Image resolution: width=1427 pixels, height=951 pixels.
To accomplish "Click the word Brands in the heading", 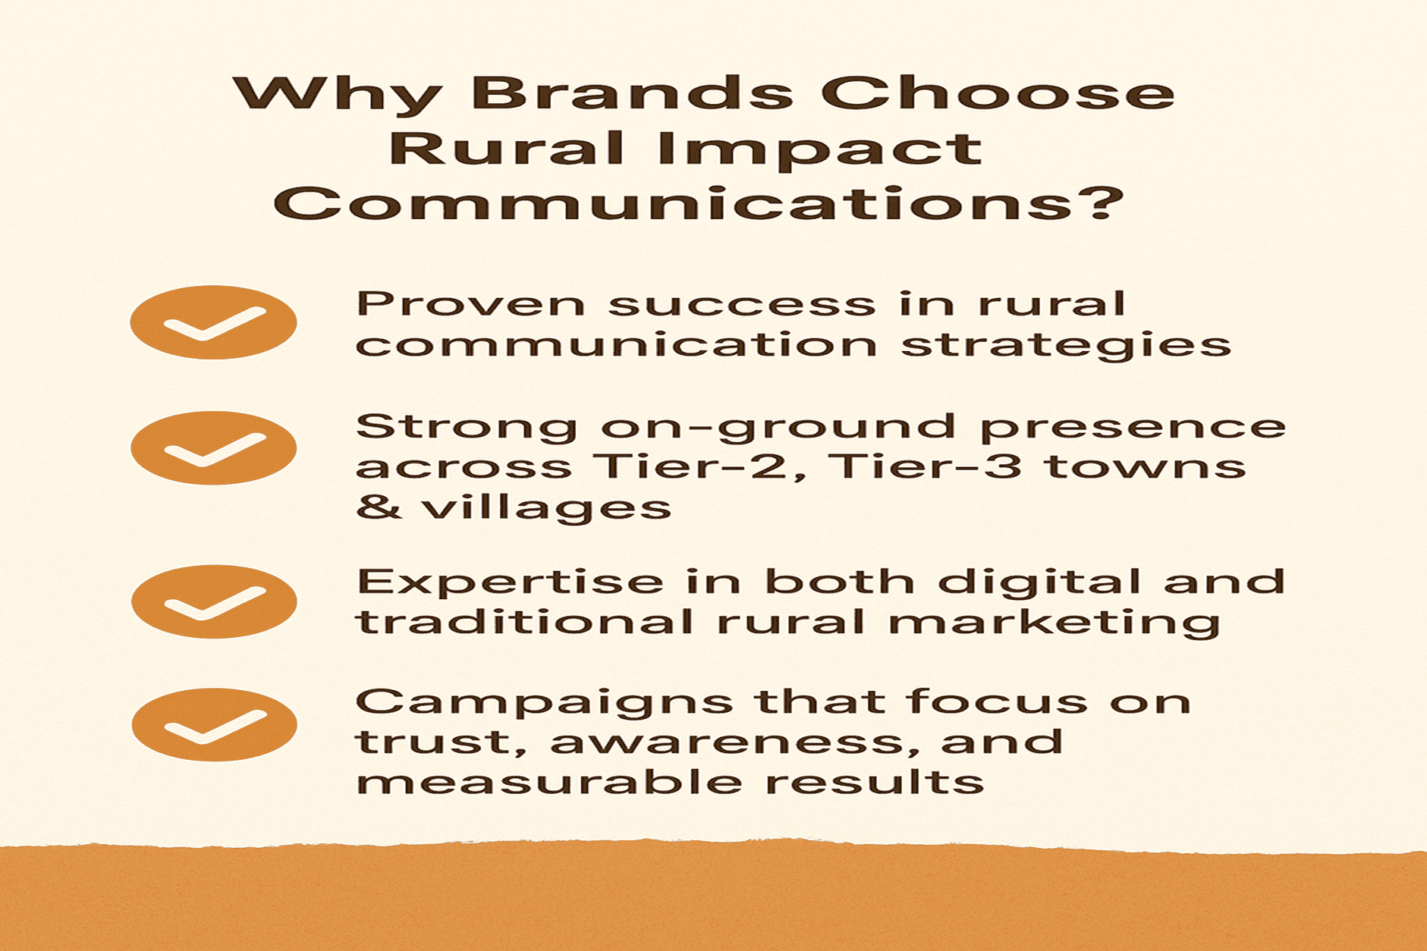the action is click(x=631, y=93).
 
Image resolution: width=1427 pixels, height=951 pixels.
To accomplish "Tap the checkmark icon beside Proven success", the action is click(x=213, y=322).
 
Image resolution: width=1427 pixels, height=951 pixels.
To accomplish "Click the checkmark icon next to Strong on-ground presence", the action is click(x=213, y=448).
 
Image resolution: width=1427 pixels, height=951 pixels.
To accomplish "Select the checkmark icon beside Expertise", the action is click(x=214, y=601).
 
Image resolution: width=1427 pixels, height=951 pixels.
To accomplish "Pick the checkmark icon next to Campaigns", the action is click(x=214, y=724).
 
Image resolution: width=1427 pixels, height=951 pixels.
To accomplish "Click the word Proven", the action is click(x=470, y=304).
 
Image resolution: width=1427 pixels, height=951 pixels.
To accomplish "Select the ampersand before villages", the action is click(x=379, y=506).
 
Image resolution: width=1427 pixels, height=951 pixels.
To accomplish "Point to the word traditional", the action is click(x=524, y=622).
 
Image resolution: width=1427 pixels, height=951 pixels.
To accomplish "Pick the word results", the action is click(x=874, y=781).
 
